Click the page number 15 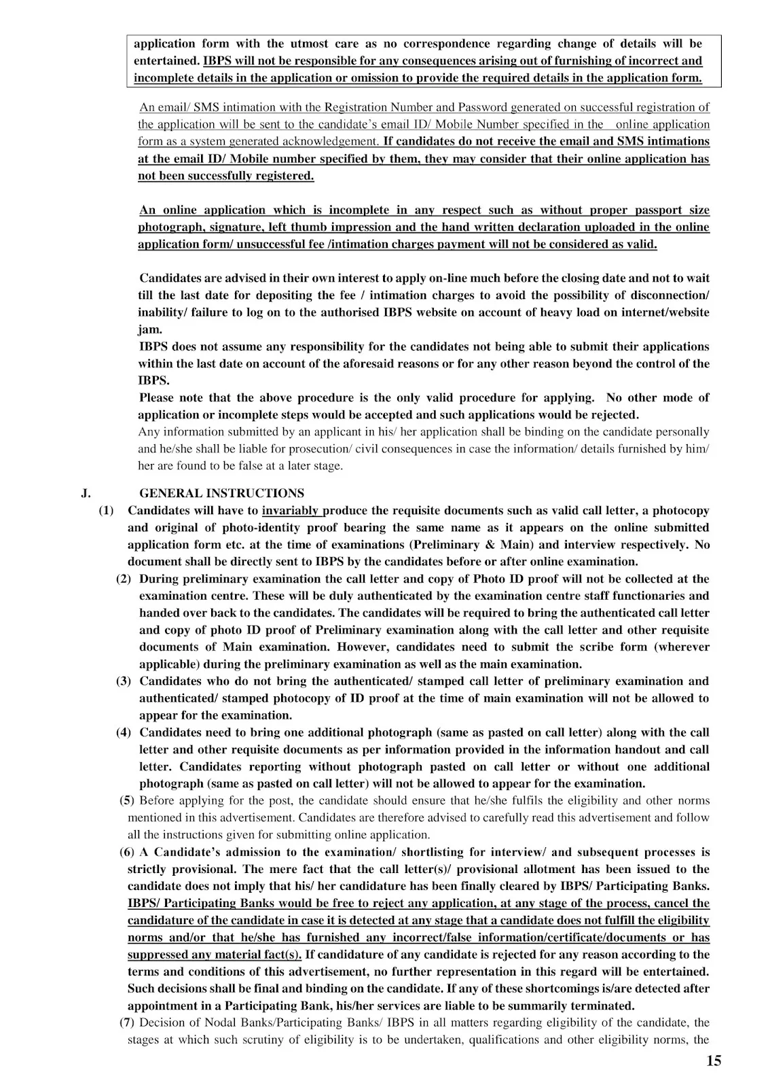pyautogui.click(x=714, y=1061)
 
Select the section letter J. pyautogui.click(x=85, y=493)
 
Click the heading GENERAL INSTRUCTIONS pyautogui.click(x=221, y=493)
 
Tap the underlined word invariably pyautogui.click(x=292, y=510)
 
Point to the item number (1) pyautogui.click(x=107, y=510)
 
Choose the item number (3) pyautogui.click(x=124, y=681)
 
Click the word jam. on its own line pyautogui.click(x=150, y=329)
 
